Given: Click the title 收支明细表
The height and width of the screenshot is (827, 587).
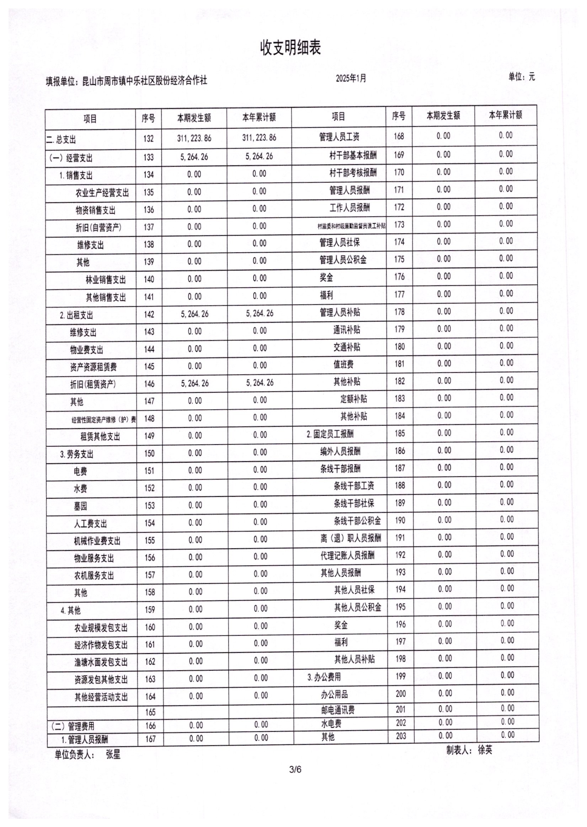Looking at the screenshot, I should [290, 48].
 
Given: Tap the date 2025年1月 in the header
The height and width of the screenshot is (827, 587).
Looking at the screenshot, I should [351, 79].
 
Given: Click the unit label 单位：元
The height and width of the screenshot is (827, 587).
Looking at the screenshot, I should [522, 77].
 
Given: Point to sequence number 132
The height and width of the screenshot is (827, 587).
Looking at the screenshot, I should [148, 139].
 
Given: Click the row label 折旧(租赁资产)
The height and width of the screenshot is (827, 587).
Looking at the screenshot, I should [93, 384].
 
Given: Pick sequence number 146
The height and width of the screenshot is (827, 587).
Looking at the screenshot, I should [149, 384].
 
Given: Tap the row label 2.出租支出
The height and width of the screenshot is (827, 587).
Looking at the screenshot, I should [76, 315].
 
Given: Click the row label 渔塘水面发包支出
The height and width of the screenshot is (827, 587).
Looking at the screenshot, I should [101, 662].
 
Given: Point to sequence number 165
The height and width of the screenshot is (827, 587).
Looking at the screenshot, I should [150, 712].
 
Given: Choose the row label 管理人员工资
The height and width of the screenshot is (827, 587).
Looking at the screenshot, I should [339, 137].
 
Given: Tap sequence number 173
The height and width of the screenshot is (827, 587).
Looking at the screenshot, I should [399, 225].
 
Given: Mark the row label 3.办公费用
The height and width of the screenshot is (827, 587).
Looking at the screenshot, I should [324, 677].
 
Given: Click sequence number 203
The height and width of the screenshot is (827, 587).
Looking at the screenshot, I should [401, 736].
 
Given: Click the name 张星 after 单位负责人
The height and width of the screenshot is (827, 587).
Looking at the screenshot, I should [113, 754].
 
